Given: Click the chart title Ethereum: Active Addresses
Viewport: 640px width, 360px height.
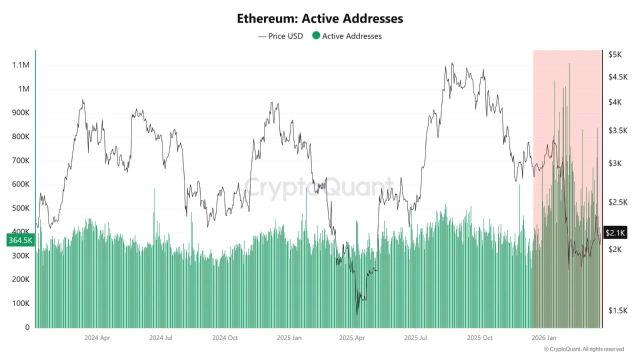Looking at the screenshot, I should (x=320, y=18).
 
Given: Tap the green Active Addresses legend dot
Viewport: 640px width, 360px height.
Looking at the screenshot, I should (x=316, y=35).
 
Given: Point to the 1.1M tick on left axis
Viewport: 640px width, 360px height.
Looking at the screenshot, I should (x=21, y=65).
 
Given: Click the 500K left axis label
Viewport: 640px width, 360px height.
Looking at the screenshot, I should (x=20, y=208).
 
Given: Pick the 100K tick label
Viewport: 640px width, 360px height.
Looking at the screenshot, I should (x=20, y=303).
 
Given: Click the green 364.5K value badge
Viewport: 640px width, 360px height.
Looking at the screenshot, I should (x=20, y=240).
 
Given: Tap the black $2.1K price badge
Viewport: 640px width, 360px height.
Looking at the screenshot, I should (x=615, y=232).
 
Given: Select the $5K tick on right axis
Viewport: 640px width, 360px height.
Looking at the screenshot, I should (x=614, y=54).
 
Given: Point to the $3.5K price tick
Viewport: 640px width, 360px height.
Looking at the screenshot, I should (x=617, y=130).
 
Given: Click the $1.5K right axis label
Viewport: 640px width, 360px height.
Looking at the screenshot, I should (x=617, y=310).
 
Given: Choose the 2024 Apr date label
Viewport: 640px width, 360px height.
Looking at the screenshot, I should (x=97, y=337).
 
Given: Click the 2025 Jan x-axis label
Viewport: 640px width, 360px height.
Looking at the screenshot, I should (x=289, y=337).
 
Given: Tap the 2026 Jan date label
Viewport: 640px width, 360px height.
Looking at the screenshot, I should (x=544, y=337).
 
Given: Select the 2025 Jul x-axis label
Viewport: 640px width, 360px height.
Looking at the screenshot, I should (x=416, y=337).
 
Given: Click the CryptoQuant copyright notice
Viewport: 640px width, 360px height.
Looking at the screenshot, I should (x=584, y=349).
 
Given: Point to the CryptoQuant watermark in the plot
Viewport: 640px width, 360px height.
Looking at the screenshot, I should (x=319, y=187).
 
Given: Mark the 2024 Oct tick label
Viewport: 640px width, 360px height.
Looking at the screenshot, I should (x=225, y=337).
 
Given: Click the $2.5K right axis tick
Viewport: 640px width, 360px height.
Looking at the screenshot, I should (x=617, y=202).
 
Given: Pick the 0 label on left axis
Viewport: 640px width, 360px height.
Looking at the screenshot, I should (x=27, y=327).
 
